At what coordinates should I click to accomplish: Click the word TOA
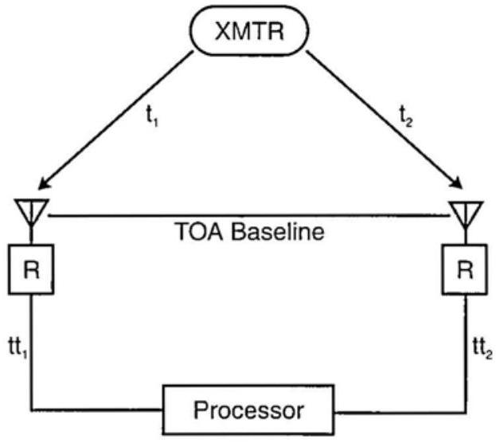[x=199, y=234]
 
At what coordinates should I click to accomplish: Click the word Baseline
[x=279, y=234]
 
